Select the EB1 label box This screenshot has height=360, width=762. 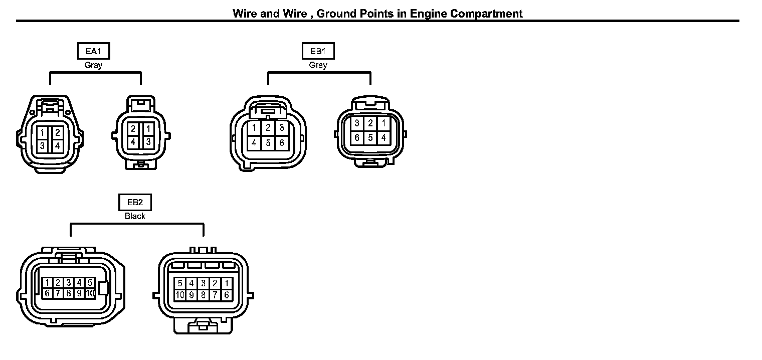pos(318,51)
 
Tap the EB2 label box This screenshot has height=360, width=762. pos(135,203)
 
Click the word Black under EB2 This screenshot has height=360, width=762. pos(135,216)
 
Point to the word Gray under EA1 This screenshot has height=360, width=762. pos(93,65)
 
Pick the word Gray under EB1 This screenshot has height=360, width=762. pos(318,65)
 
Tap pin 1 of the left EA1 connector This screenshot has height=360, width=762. pos(43,133)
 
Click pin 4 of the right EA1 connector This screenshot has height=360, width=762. pos(133,142)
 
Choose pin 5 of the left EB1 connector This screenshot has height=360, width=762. pos(268,143)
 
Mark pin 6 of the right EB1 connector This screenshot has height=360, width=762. pos(357,137)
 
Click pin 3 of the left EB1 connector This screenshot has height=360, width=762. pos(282,127)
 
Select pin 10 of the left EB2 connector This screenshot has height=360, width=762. pos(90,293)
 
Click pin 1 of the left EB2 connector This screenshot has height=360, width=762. pos(47,283)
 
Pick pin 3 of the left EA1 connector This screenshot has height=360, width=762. pos(43,146)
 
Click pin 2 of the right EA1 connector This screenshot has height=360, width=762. pos(133,129)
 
